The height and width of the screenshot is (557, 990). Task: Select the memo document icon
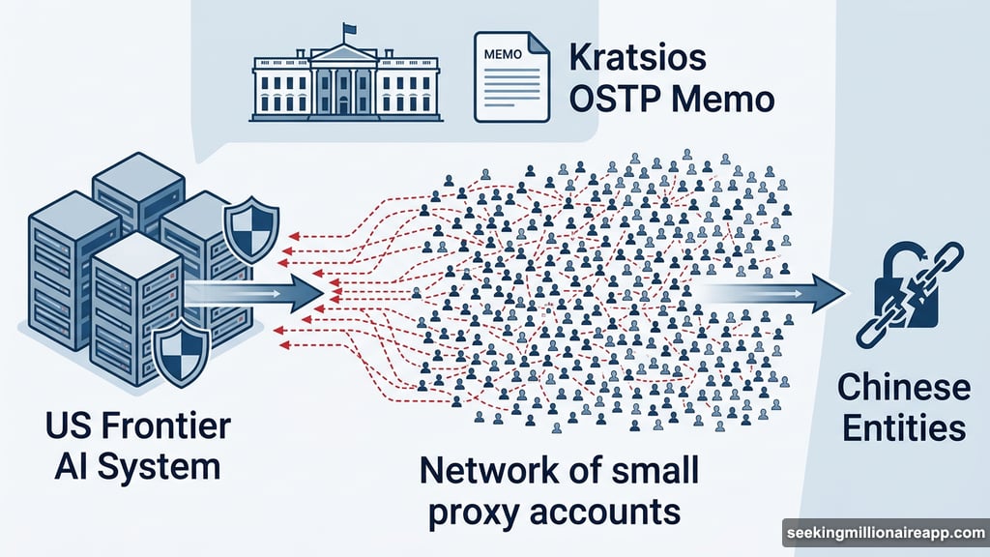pos(510,75)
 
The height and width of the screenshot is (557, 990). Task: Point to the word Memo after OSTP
pos(716,99)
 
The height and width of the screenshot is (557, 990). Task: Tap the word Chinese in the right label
pos(903,388)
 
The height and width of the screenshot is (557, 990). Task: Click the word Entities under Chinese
pos(903,427)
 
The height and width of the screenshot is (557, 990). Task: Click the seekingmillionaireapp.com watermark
pos(885,533)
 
